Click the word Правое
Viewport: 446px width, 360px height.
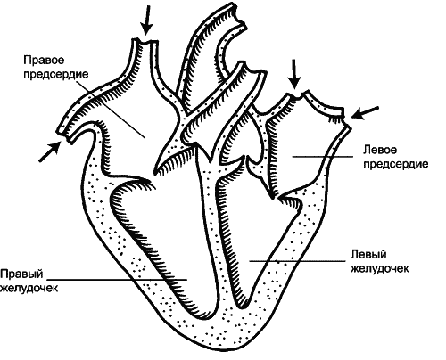coord(44,61)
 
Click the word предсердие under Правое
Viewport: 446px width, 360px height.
coord(56,74)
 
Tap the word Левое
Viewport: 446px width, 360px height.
coord(380,150)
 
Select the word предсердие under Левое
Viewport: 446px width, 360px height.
coord(396,164)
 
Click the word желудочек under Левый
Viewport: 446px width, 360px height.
coord(380,268)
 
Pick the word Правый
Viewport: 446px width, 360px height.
coord(21,274)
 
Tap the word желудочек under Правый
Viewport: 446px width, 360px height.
coord(29,288)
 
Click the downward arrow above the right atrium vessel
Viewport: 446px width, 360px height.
coord(146,20)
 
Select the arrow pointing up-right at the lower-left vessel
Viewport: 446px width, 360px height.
coord(50,151)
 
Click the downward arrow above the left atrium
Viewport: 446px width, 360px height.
coord(294,74)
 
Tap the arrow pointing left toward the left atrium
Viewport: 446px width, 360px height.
coord(365,113)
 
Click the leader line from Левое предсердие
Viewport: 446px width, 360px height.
coord(323,157)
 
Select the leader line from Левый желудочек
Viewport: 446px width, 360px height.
coord(297,261)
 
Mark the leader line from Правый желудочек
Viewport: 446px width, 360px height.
coord(117,280)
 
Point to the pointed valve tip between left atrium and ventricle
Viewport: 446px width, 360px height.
coord(272,197)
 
